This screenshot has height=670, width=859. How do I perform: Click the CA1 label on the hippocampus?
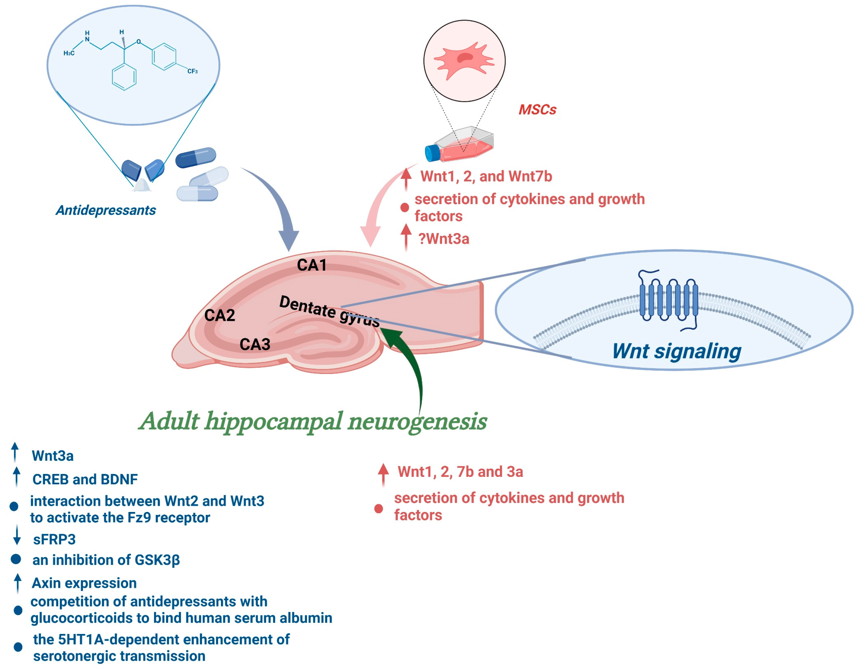311,265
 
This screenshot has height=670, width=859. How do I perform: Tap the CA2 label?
219,315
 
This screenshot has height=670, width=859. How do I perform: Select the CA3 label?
255,344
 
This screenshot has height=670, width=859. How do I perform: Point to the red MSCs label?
537,109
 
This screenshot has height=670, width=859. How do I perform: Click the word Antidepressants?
106,210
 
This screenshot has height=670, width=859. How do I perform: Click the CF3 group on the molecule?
192,71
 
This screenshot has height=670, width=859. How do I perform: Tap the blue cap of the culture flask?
433,153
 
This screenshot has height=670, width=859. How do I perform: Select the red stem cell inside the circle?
464,60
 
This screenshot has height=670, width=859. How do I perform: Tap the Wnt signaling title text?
677,351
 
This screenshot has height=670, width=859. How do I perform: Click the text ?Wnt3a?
444,239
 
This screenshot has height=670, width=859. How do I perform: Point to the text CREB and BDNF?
85,479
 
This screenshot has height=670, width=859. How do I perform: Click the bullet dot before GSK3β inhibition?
16,559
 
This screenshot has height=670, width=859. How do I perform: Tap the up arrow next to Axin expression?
17,583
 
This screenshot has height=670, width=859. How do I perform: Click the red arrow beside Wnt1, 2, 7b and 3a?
383,474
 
